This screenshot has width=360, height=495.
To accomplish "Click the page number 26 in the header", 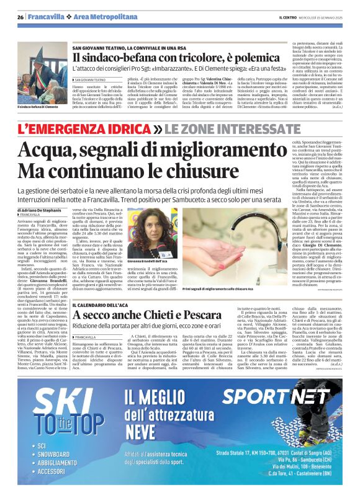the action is click(x=20, y=17).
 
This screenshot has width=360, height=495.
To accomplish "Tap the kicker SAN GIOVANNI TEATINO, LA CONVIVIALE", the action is click(x=138, y=48).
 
